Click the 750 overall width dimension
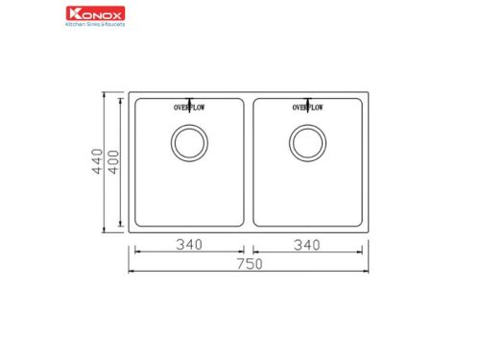(x=246, y=265)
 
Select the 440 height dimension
(x=97, y=165)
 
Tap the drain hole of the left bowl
(x=188, y=144)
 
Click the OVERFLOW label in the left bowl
(x=189, y=108)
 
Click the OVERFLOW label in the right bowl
(x=306, y=108)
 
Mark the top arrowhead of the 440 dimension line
(x=105, y=96)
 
